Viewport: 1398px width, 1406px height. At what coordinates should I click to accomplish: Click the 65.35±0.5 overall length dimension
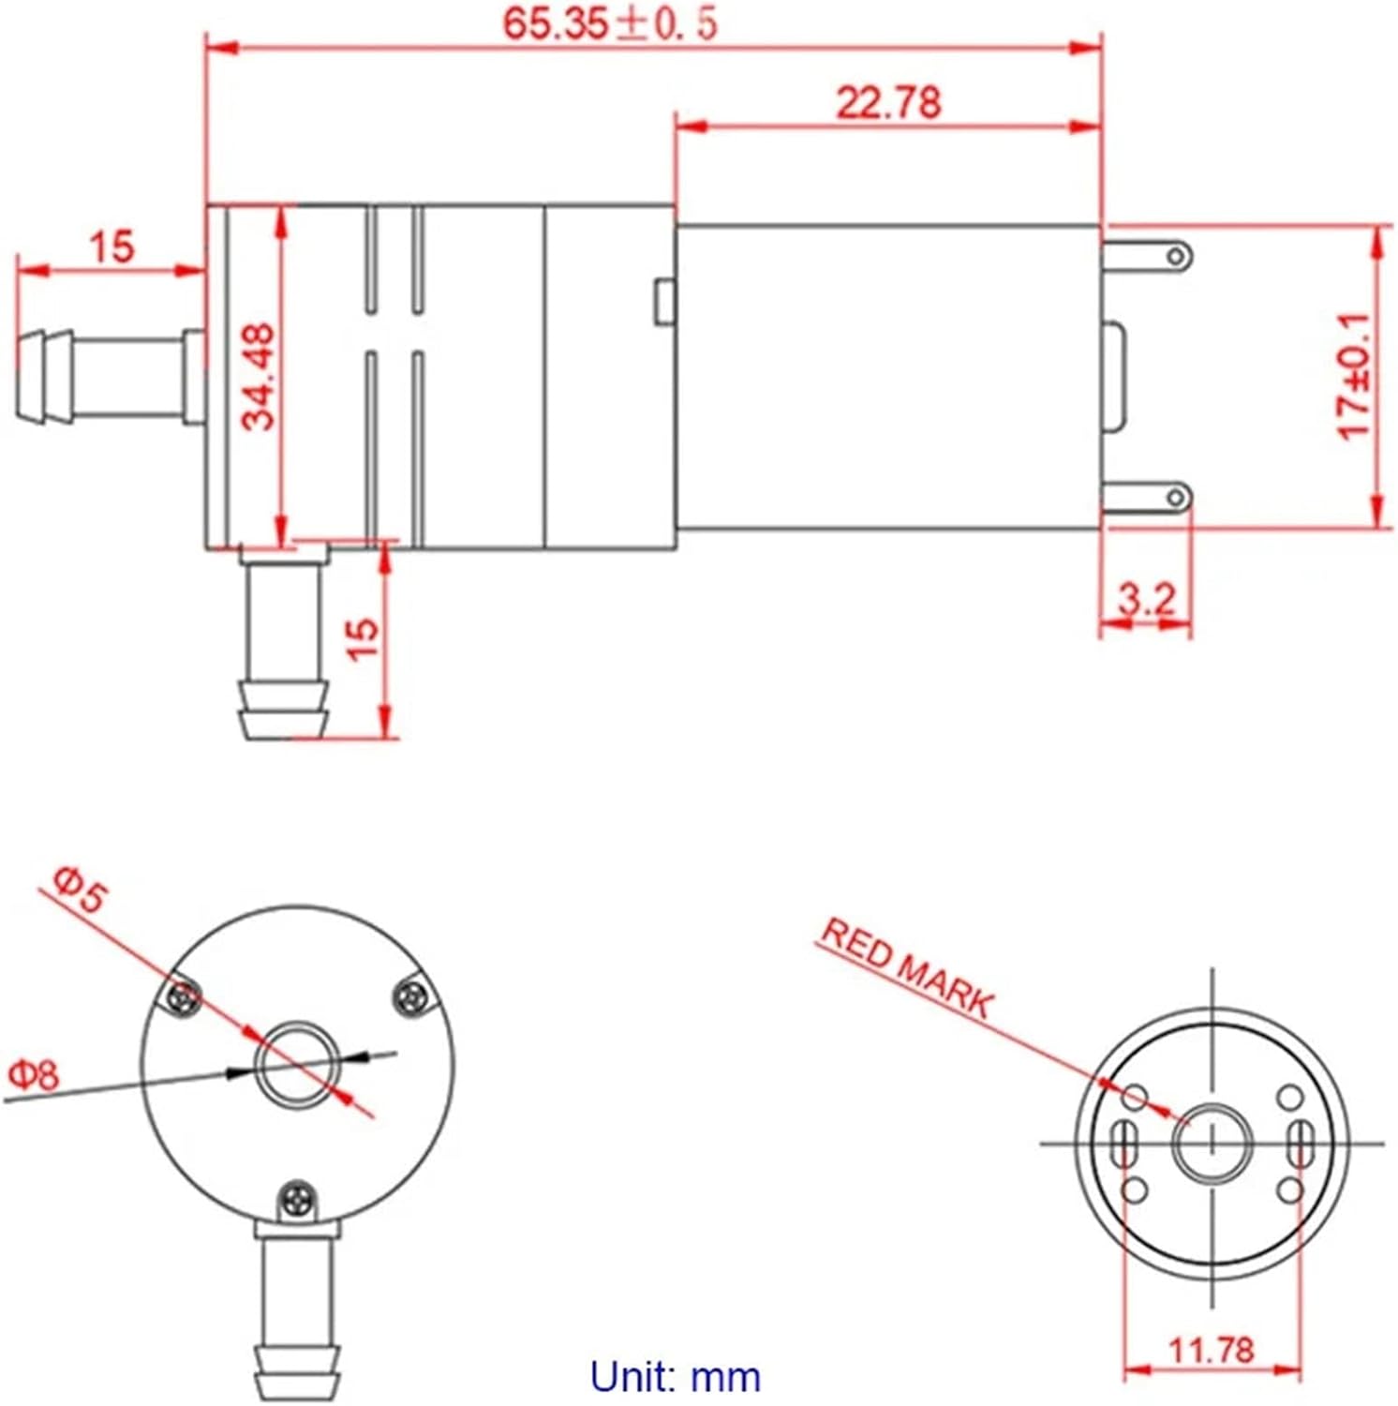coord(610,22)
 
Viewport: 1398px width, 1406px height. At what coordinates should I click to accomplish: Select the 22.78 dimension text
coord(887,101)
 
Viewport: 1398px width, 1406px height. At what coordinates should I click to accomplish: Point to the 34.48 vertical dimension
coord(260,376)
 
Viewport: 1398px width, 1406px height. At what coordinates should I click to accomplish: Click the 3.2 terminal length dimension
coord(1145,599)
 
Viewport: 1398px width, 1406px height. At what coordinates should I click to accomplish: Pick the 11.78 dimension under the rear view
coord(1211,1350)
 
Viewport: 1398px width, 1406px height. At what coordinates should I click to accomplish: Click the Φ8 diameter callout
coord(34,1074)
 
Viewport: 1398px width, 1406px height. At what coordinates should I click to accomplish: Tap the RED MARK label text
coord(905,968)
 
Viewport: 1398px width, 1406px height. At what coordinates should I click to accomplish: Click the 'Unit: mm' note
coord(675,1377)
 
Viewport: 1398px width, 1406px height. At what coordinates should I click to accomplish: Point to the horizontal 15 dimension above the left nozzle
coord(112,247)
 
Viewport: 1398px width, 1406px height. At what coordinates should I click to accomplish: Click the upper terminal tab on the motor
coord(1148,255)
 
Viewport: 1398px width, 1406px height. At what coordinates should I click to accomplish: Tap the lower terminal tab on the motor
coord(1148,496)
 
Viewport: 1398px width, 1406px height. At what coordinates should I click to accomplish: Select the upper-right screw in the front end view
coord(409,995)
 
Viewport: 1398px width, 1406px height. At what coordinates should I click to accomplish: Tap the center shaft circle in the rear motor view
coord(1212,1143)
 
